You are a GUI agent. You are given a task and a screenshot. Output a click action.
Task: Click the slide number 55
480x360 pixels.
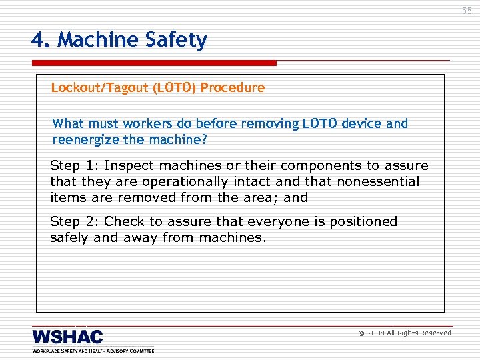(x=467, y=11)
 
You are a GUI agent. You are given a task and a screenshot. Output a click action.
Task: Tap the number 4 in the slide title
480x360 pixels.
(x=38, y=41)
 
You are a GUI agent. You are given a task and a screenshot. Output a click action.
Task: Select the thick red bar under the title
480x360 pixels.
(x=154, y=63)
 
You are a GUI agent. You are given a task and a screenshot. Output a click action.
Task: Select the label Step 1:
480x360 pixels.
(x=75, y=166)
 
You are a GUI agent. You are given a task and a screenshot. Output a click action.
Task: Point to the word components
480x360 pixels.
(x=316, y=166)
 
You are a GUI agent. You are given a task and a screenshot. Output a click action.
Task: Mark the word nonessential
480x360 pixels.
(x=378, y=182)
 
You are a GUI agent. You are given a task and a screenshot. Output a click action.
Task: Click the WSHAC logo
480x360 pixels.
(x=67, y=337)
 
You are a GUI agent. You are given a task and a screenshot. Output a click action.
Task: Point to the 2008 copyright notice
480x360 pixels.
(x=405, y=333)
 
